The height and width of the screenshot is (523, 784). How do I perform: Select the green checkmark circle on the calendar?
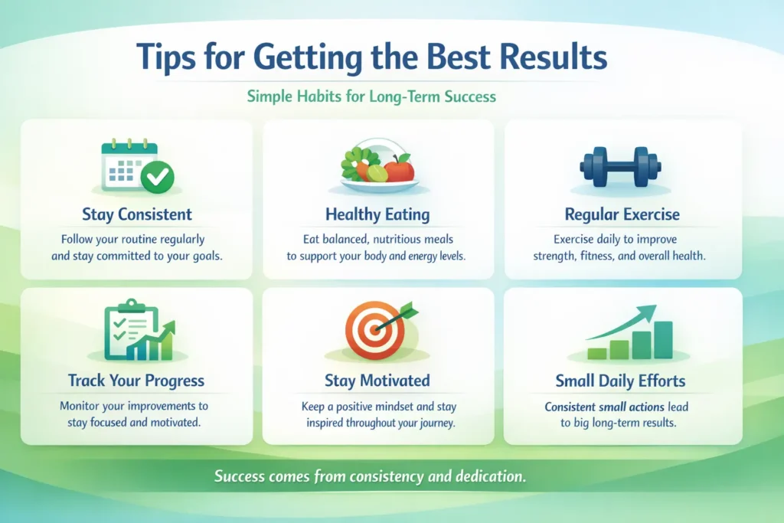[x=159, y=178]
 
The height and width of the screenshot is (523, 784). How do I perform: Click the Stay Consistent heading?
[x=136, y=214]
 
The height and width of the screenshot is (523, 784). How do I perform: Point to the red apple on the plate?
[x=400, y=167]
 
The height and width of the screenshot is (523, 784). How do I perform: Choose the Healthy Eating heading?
[x=377, y=214]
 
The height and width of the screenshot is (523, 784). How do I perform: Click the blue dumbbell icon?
[x=621, y=164]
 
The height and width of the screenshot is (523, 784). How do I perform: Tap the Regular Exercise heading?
[x=622, y=214]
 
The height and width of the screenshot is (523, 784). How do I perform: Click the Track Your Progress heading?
[x=136, y=381]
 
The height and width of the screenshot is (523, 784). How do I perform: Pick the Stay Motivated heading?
[x=377, y=381]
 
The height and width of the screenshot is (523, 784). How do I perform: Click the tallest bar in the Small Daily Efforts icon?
[x=663, y=340]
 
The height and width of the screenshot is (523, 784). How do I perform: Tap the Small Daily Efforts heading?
[x=621, y=381]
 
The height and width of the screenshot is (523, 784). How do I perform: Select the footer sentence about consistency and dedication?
[x=370, y=476]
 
